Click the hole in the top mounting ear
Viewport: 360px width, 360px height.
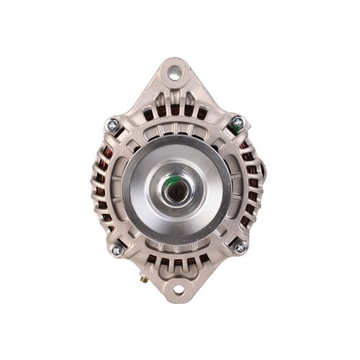point(175,73)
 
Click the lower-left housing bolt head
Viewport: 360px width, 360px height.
point(114,250)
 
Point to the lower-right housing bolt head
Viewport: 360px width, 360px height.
point(240,248)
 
